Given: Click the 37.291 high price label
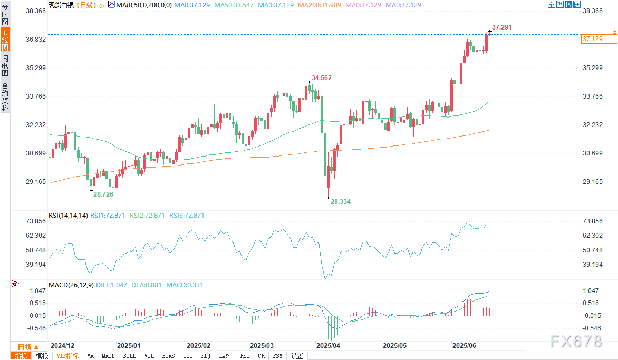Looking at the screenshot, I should [x=501, y=27].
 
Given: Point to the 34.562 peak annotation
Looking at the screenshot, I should [x=322, y=78].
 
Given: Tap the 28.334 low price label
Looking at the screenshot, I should [x=341, y=202].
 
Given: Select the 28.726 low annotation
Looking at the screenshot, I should [x=103, y=194].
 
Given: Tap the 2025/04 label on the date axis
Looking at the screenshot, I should [x=328, y=346].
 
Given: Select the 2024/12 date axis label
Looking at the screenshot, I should [x=63, y=346].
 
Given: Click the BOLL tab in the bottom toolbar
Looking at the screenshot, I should [x=129, y=356].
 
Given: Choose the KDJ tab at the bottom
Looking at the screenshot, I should [x=206, y=356].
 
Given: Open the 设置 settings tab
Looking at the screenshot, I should [x=297, y=356].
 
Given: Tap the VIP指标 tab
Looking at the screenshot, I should [x=67, y=356].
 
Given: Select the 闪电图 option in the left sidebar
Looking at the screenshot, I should [x=5, y=65].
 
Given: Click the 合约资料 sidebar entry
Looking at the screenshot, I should [x=5, y=97].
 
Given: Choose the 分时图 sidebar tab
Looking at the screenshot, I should [x=5, y=14].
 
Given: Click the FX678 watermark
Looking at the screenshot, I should [x=576, y=342].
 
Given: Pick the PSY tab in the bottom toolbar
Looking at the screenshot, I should [x=277, y=356].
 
